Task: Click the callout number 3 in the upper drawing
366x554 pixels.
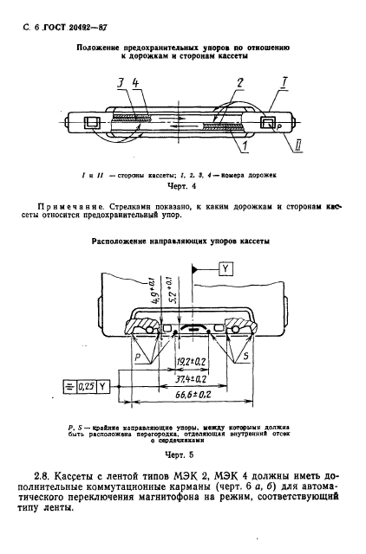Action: click(121, 85)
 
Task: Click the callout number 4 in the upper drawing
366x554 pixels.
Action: click(135, 85)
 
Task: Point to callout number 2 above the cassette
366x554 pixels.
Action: click(240, 84)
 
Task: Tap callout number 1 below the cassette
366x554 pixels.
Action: click(245, 145)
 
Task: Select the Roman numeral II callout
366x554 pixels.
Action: click(298, 145)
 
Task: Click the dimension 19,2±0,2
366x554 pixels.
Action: click(192, 362)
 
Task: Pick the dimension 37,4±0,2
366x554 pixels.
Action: click(192, 379)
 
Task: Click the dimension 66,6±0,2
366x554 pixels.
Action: click(192, 395)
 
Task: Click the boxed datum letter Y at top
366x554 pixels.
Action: click(225, 269)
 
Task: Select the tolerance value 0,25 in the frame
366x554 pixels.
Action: click(86, 387)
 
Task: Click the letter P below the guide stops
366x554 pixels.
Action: click(139, 358)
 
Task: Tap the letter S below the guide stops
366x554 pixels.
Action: click(246, 356)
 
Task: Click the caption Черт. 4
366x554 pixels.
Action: click(181, 186)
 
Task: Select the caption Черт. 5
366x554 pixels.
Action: click(180, 454)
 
